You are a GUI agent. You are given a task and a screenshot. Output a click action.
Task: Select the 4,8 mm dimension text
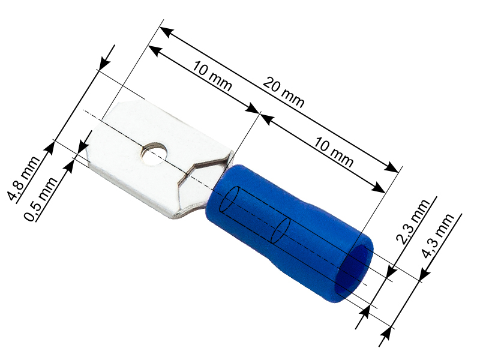point(23,179)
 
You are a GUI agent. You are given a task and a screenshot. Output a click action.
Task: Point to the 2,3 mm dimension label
point(413,221)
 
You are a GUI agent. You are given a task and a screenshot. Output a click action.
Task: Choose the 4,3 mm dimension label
point(437,236)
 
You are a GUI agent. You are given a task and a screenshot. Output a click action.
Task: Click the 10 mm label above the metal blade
point(212,77)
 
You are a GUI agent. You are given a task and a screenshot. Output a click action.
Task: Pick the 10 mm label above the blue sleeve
point(334,152)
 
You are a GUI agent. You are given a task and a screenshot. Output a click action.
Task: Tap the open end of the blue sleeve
point(353,269)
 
